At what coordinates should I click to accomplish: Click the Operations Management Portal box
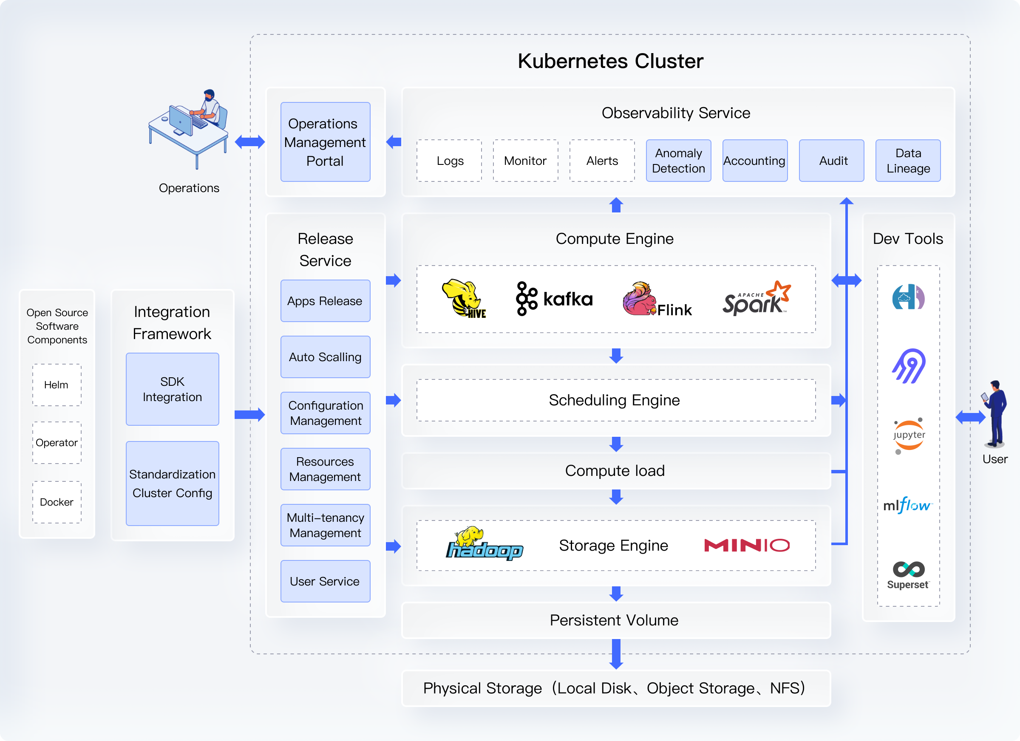(x=325, y=142)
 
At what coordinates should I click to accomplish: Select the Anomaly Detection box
(x=678, y=161)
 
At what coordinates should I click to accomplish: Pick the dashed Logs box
(x=449, y=161)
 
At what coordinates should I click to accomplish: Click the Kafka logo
(x=554, y=299)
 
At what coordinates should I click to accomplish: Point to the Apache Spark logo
(x=756, y=299)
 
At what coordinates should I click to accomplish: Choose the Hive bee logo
(x=464, y=299)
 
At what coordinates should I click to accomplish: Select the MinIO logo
(x=747, y=546)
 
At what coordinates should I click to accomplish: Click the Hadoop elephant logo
(x=484, y=544)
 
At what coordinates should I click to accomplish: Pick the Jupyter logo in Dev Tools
(x=909, y=435)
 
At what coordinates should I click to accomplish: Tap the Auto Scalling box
(x=325, y=357)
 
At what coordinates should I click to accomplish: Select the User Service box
(x=325, y=581)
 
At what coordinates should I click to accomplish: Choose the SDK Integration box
(x=172, y=389)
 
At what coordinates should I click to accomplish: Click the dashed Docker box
(x=57, y=502)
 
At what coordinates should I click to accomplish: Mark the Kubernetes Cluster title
(x=610, y=61)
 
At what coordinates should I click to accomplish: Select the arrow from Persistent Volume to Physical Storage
(x=616, y=654)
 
